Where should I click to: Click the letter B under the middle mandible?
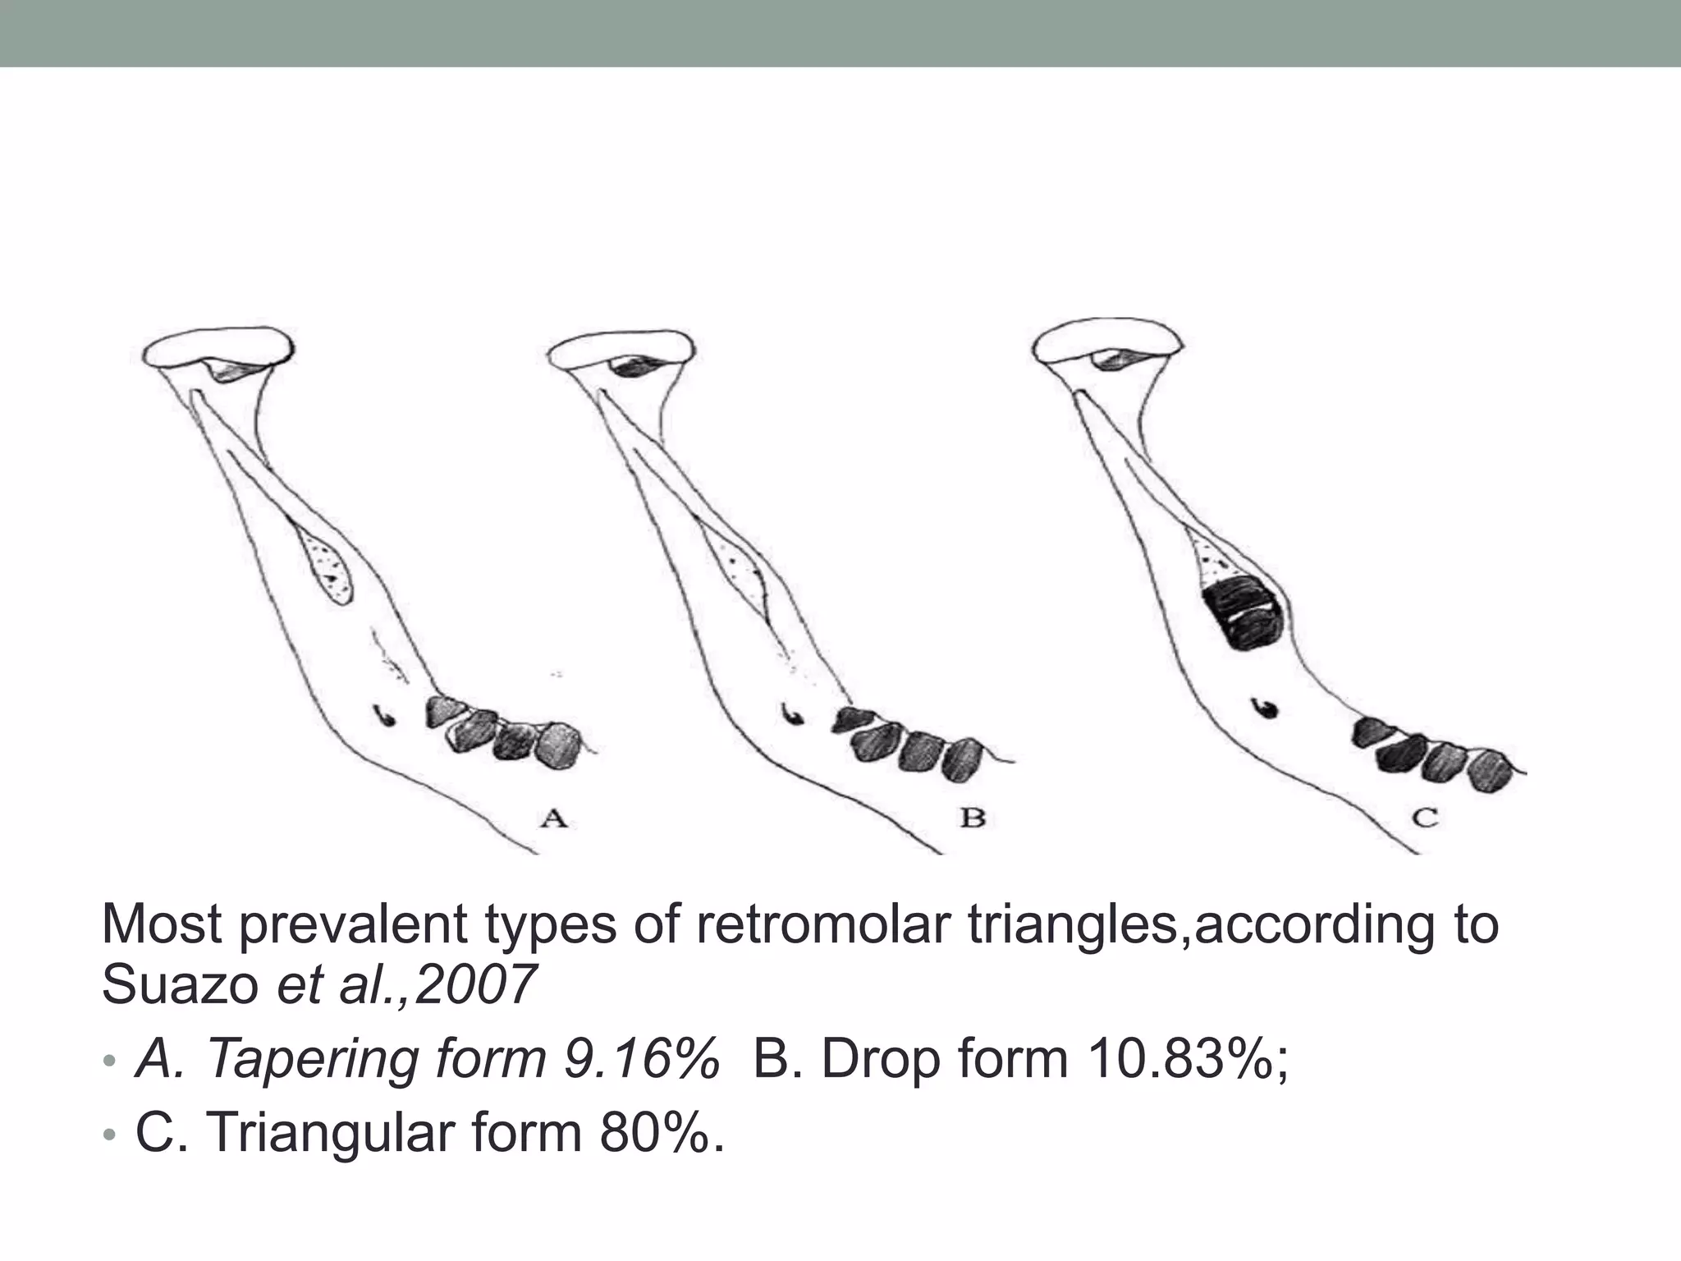click(x=972, y=818)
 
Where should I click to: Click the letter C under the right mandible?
click(x=1425, y=818)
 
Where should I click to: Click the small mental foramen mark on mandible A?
click(x=383, y=714)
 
